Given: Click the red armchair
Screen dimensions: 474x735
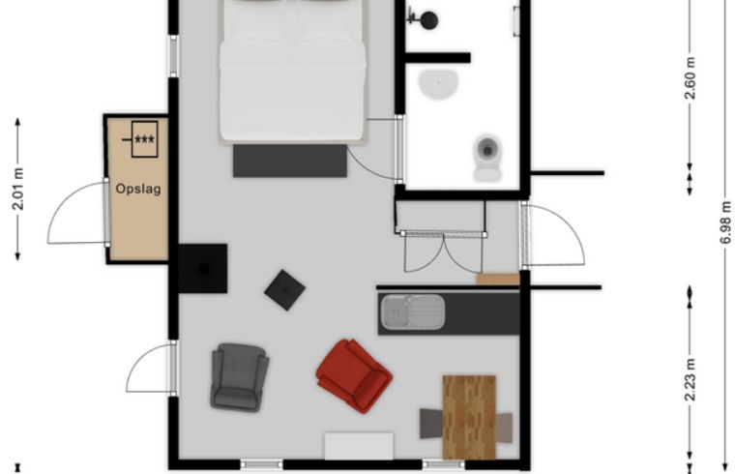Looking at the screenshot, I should pos(354,374).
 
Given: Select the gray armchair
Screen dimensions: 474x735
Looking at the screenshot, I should pos(239,376).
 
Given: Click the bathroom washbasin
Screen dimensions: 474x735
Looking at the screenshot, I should pos(440,85).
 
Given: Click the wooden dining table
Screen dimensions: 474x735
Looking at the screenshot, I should pos(469,416).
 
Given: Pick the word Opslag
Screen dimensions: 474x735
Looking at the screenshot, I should pos(138,189).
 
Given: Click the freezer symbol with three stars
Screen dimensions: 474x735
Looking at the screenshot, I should pos(144,139).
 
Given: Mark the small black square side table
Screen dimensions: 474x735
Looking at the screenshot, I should pos(285,289).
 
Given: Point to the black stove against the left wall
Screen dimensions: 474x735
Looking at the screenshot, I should pos(203,268).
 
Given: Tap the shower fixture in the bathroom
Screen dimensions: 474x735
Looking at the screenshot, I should pos(424,18).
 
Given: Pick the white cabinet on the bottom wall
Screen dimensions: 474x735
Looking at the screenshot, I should pos(358,446).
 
